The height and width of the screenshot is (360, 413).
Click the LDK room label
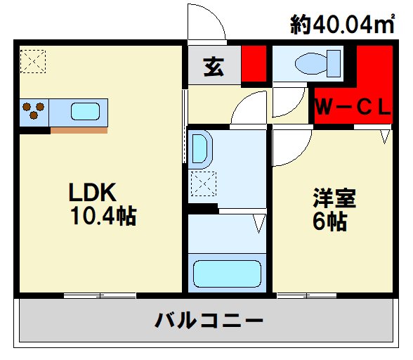[92, 192]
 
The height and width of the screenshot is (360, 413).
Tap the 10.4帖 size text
[104, 216]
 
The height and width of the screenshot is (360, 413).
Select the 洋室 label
[334, 198]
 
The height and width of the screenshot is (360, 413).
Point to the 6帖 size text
[330, 221]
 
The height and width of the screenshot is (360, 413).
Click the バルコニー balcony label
[209, 321]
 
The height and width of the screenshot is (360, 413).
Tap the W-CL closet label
[353, 108]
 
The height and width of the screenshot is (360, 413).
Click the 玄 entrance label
[214, 67]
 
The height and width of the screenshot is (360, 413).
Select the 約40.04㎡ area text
[343, 25]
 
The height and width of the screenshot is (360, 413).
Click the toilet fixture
[317, 64]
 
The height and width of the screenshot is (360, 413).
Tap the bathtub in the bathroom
[227, 274]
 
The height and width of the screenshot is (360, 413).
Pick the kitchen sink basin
[86, 111]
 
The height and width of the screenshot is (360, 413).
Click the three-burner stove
[34, 111]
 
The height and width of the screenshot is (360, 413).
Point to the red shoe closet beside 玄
[254, 63]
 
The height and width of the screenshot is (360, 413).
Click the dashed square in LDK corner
[33, 61]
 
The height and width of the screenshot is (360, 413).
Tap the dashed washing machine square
[204, 184]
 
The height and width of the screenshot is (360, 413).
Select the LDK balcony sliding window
[100, 295]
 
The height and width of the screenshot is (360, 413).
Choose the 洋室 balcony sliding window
[307, 295]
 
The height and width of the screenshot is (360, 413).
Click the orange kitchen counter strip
[79, 130]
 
